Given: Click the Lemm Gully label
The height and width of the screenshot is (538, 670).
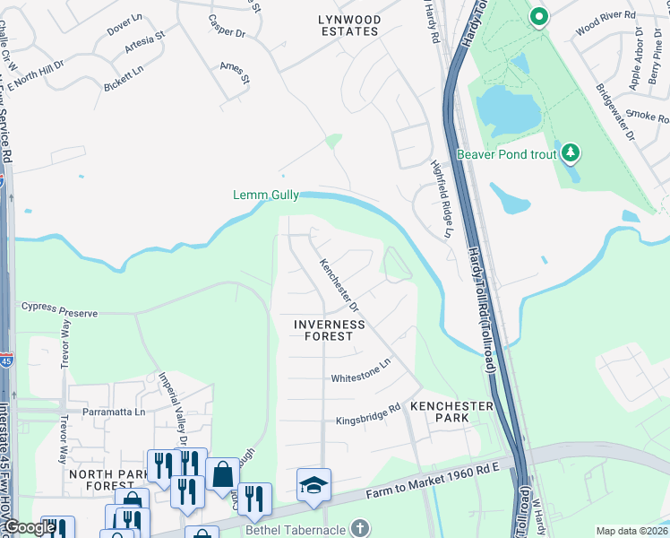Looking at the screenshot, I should [x=265, y=195].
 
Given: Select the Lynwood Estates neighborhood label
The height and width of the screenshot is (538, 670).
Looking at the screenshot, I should [x=348, y=25].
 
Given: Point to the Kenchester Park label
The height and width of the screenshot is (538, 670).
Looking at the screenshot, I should [x=451, y=412].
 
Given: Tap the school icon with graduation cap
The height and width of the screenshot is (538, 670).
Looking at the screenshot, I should [x=314, y=485].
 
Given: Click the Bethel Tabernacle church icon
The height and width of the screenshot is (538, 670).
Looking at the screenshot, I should [x=360, y=527].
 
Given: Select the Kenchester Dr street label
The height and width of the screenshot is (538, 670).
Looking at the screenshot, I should [x=339, y=285].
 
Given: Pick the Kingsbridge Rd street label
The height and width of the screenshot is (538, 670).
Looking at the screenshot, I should [x=367, y=417].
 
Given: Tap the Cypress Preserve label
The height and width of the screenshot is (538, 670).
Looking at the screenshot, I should [x=58, y=313].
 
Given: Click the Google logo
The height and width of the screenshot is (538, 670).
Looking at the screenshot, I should [x=29, y=527].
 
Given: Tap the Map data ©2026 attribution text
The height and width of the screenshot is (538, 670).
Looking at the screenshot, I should [x=631, y=531].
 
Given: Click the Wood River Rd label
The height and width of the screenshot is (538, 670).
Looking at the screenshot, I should [x=606, y=16].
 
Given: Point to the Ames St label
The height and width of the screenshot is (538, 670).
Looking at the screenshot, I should [x=235, y=73].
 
